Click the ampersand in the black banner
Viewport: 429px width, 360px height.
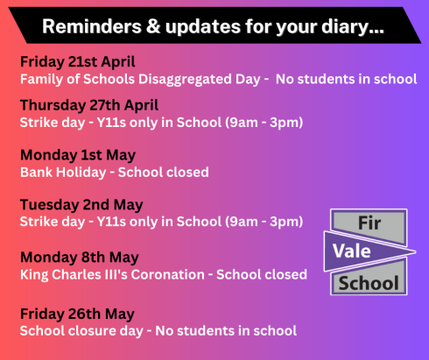click(x=153, y=26)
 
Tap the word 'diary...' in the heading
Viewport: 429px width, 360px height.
click(x=353, y=27)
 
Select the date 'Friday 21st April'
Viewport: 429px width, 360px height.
click(x=78, y=62)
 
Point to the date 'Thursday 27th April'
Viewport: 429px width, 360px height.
click(x=89, y=105)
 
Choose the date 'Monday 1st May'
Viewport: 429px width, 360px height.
click(x=78, y=155)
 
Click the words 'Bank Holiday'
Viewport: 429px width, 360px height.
click(x=63, y=173)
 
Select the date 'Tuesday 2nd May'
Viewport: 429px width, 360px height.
click(x=81, y=205)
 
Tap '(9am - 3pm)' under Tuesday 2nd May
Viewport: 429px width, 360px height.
click(x=264, y=222)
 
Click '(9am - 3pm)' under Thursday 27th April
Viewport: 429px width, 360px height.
click(x=264, y=123)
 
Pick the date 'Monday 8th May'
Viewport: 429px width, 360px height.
click(x=80, y=258)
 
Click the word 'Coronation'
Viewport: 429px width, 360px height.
click(x=167, y=275)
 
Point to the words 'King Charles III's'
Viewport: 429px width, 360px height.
click(x=74, y=275)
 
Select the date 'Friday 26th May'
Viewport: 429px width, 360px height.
click(x=77, y=314)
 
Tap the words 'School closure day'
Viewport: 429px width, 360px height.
click(x=81, y=331)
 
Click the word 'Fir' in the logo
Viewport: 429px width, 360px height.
click(x=369, y=223)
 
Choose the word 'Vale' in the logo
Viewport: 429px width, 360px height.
click(x=352, y=251)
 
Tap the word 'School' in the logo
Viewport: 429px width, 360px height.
click(x=369, y=283)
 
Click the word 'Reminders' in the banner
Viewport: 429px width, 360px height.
click(x=92, y=26)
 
